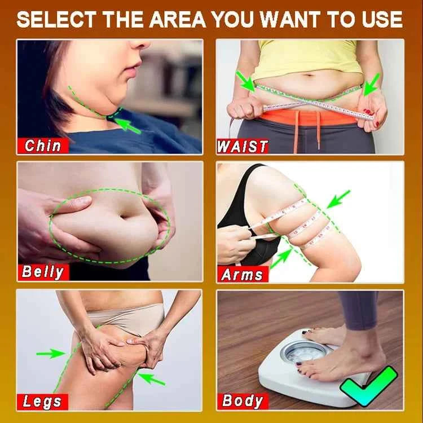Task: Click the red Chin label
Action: (x=43, y=146)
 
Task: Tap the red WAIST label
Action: (x=243, y=146)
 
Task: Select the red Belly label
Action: (x=43, y=272)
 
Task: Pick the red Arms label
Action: (x=242, y=274)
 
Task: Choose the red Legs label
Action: (x=42, y=402)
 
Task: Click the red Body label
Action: (x=243, y=401)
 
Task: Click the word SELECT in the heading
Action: (x=54, y=20)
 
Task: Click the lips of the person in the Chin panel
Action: (x=132, y=69)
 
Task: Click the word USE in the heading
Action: (x=383, y=20)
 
